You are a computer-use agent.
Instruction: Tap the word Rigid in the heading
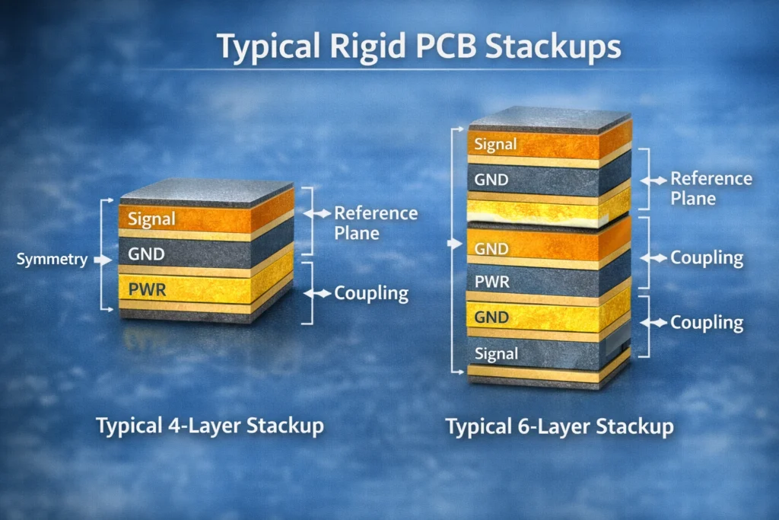[366, 46]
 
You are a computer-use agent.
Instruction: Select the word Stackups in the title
[553, 46]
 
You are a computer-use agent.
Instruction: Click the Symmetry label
[52, 260]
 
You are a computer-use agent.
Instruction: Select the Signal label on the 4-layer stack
[151, 219]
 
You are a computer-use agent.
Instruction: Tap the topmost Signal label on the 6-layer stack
[495, 144]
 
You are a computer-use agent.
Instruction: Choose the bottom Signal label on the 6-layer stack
[496, 353]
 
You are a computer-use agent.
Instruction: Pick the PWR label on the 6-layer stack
[491, 282]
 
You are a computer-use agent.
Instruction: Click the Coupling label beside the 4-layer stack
[371, 293]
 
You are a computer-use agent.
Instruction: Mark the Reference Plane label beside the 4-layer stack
[376, 222]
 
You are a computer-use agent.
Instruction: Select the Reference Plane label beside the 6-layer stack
[711, 188]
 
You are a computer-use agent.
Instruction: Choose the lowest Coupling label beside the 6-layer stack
[706, 323]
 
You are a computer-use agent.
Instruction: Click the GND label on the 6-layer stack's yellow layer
[491, 317]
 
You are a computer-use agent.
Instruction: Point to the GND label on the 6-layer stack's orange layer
[491, 249]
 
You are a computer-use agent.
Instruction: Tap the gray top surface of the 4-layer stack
[205, 190]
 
